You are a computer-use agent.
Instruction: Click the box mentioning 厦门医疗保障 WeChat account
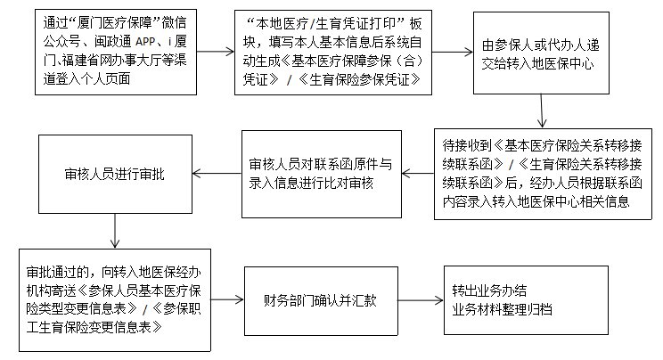tap(117, 53)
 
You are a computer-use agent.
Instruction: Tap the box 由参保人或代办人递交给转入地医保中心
tap(539, 53)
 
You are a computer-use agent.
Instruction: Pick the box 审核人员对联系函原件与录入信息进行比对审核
tap(321, 173)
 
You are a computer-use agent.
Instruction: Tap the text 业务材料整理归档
tap(501, 307)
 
